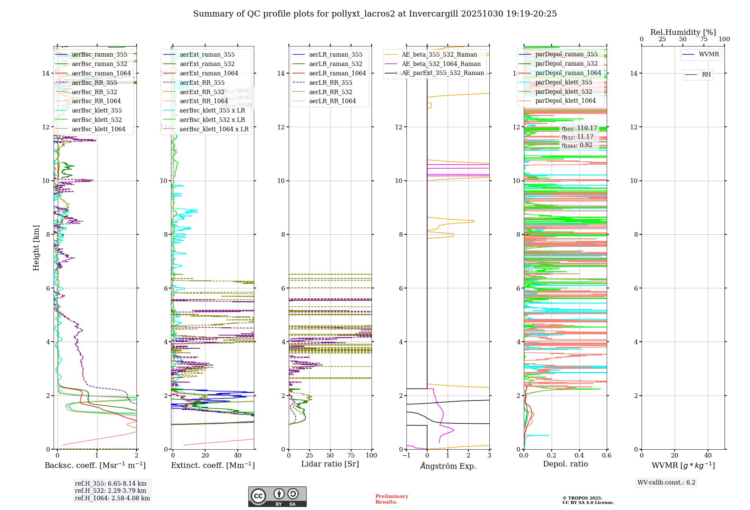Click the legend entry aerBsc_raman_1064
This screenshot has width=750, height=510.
click(101, 73)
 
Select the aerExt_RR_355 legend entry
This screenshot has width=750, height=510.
click(202, 83)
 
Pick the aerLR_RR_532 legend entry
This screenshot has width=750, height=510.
click(330, 92)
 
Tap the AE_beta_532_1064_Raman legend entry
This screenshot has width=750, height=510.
click(441, 64)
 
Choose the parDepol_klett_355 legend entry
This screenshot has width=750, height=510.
click(564, 82)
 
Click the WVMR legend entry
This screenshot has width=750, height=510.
click(709, 54)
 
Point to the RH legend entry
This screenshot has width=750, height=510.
click(706, 75)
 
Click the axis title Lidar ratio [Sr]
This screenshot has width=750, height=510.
click(330, 464)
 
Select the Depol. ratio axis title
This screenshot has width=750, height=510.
click(565, 464)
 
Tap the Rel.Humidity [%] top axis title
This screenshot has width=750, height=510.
click(683, 32)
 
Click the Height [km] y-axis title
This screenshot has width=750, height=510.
click(36, 248)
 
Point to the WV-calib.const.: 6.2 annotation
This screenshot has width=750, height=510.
click(666, 483)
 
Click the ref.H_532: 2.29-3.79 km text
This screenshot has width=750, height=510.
click(111, 491)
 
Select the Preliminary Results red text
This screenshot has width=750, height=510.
click(391, 499)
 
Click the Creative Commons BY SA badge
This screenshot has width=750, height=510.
click(277, 497)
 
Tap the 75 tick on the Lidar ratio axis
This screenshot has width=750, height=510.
click(351, 456)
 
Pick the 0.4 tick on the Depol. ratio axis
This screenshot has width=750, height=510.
click(579, 456)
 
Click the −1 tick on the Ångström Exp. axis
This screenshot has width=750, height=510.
click(406, 456)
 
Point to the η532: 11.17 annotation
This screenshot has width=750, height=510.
click(577, 137)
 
